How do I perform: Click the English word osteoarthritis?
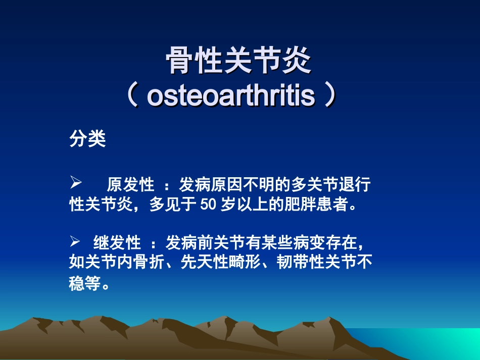[230, 96]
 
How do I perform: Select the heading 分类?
[87, 139]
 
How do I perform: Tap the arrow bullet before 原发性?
[75, 182]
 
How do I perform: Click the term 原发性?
[130, 185]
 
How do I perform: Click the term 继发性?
[117, 243]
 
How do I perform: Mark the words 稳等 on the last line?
[84, 283]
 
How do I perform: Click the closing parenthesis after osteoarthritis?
[329, 96]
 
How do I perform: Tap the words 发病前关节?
[202, 243]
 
